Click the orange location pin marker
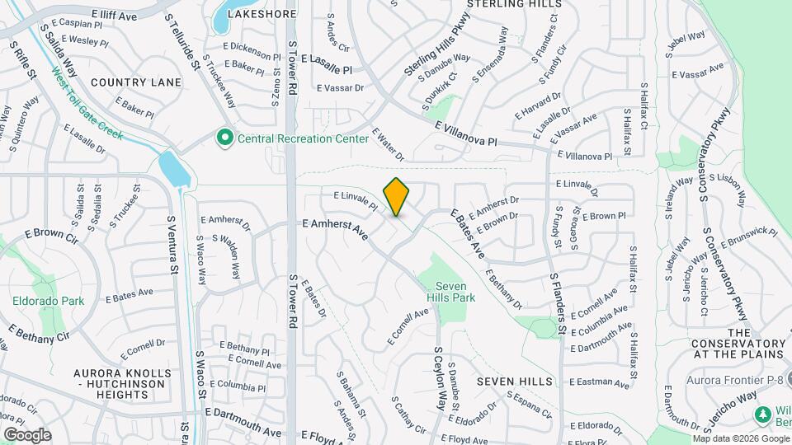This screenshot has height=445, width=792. click(396, 196)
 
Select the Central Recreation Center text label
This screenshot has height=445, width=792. click(303, 139)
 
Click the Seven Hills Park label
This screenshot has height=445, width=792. click(456, 292)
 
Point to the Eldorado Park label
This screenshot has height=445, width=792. click(48, 302)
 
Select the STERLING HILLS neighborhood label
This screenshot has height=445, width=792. click(508, 4)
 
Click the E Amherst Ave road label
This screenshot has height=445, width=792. click(335, 228)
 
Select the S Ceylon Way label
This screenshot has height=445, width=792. click(445, 377)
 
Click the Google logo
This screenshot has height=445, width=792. click(27, 435)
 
